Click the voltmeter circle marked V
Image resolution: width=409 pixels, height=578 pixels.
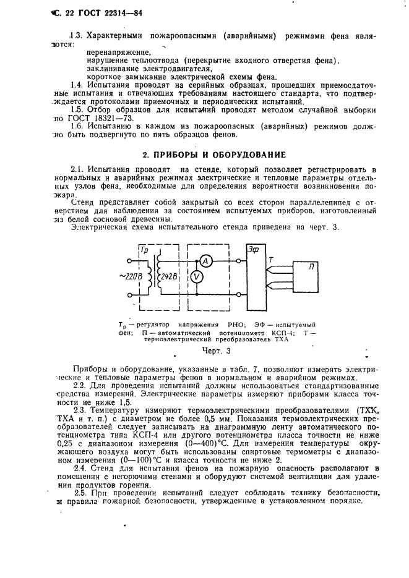[196, 277]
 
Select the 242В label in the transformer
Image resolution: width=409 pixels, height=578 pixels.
[169, 276]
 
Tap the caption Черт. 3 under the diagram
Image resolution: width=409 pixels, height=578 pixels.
[204, 351]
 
